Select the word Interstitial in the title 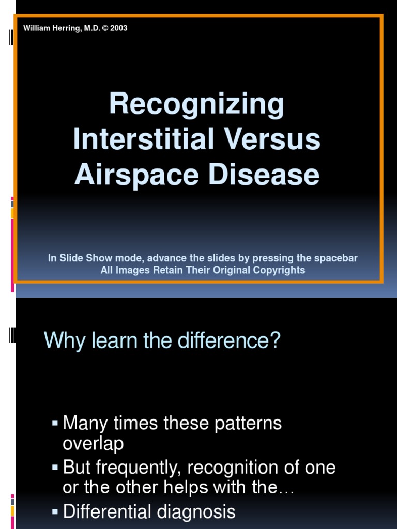tap(144, 138)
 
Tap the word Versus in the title tap(272, 138)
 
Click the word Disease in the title tap(264, 174)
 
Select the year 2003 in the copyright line tap(119, 28)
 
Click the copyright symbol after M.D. tap(105, 28)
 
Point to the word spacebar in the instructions tap(335, 258)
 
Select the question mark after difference tap(276, 340)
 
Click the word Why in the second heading tap(65, 341)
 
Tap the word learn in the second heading tap(114, 340)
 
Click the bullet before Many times tap(55, 423)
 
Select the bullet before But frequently tap(55, 467)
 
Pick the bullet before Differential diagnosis tap(55, 511)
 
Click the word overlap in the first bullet tap(93, 444)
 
